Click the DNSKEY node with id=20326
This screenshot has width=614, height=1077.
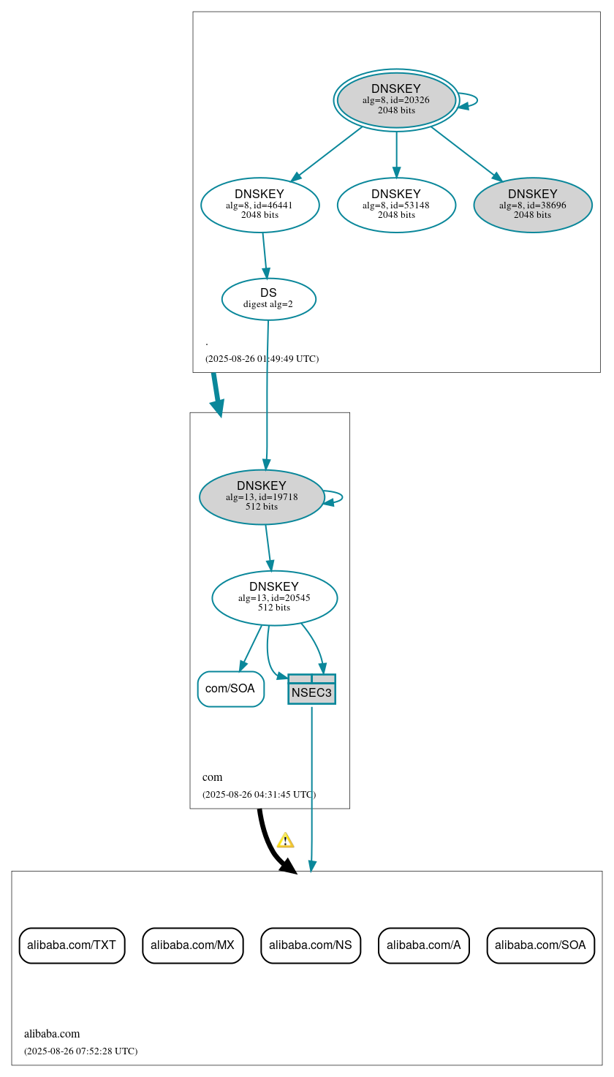[396, 100]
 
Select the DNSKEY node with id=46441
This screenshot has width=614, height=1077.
[259, 205]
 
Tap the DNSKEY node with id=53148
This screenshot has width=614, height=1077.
[396, 205]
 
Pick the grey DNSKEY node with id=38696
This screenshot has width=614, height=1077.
[532, 205]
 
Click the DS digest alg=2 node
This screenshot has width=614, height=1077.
[268, 298]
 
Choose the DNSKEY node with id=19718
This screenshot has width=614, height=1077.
[262, 496]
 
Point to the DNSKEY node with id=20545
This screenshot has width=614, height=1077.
[274, 597]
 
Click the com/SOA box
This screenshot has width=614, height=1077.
[230, 689]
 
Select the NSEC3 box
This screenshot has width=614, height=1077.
[311, 689]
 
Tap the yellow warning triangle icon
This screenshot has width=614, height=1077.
[285, 840]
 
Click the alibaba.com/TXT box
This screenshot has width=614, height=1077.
[72, 945]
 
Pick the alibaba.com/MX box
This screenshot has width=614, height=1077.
[192, 945]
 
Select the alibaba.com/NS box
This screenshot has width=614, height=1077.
[311, 945]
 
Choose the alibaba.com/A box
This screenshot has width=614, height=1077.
[423, 945]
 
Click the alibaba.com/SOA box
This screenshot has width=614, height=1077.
[540, 945]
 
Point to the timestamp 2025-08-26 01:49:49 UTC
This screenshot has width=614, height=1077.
[262, 359]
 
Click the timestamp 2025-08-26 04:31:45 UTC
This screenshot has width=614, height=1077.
[259, 794]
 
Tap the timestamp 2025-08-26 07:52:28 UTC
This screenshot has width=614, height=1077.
[80, 1051]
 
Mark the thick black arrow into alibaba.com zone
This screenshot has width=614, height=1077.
[271, 845]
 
